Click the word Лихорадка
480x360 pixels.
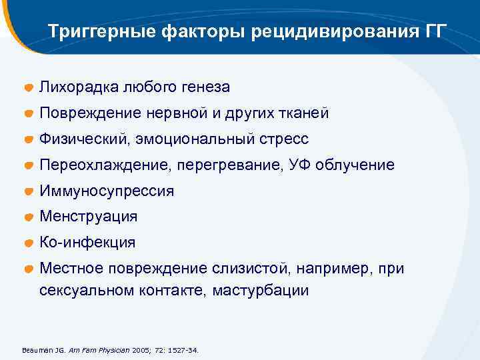coord(74,87)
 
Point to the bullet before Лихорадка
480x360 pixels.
coord(29,88)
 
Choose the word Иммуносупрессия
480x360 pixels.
coord(107,191)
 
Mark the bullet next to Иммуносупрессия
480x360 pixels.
coord(29,192)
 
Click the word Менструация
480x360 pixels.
coord(89,217)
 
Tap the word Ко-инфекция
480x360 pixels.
coord(87,243)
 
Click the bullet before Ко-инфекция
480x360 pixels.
coord(29,243)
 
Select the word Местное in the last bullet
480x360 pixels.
coord(69,269)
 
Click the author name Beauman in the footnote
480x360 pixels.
coord(37,349)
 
